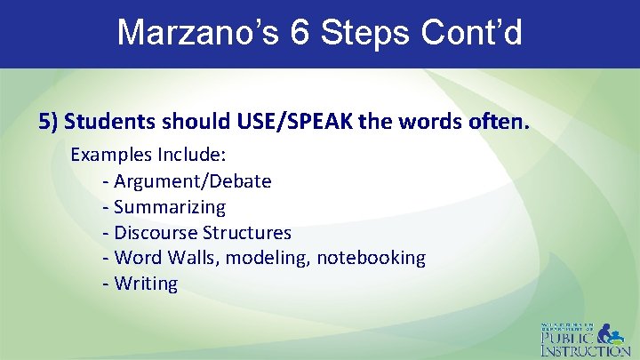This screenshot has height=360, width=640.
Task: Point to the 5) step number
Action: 49,121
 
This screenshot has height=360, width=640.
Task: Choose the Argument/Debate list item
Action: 192,181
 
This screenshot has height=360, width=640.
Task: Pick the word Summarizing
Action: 170,207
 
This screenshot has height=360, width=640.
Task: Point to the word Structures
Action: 247,233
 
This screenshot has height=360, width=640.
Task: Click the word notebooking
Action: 371,258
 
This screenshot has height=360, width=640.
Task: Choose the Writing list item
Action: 146,284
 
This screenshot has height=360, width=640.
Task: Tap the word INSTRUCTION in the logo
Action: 586,350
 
